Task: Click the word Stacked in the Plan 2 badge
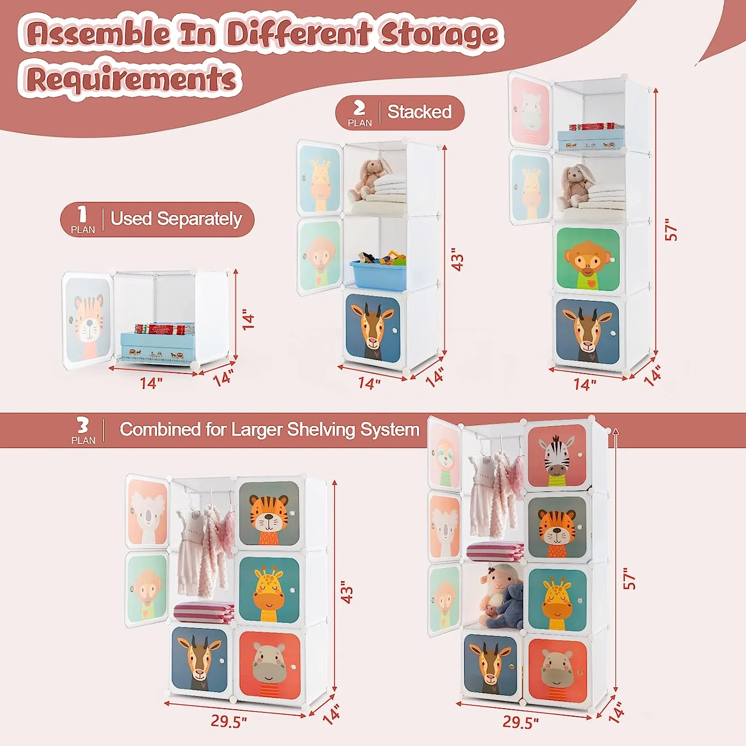click(419, 112)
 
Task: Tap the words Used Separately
click(176, 219)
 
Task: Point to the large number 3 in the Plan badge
click(82, 425)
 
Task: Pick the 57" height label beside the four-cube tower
click(671, 230)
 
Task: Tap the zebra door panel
click(557, 456)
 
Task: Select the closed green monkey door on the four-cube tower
click(587, 260)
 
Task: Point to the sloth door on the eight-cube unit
click(445, 455)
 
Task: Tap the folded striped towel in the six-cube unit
click(204, 612)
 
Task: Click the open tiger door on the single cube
click(88, 321)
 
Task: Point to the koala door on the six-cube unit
click(147, 511)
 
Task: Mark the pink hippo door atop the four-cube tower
click(530, 110)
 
